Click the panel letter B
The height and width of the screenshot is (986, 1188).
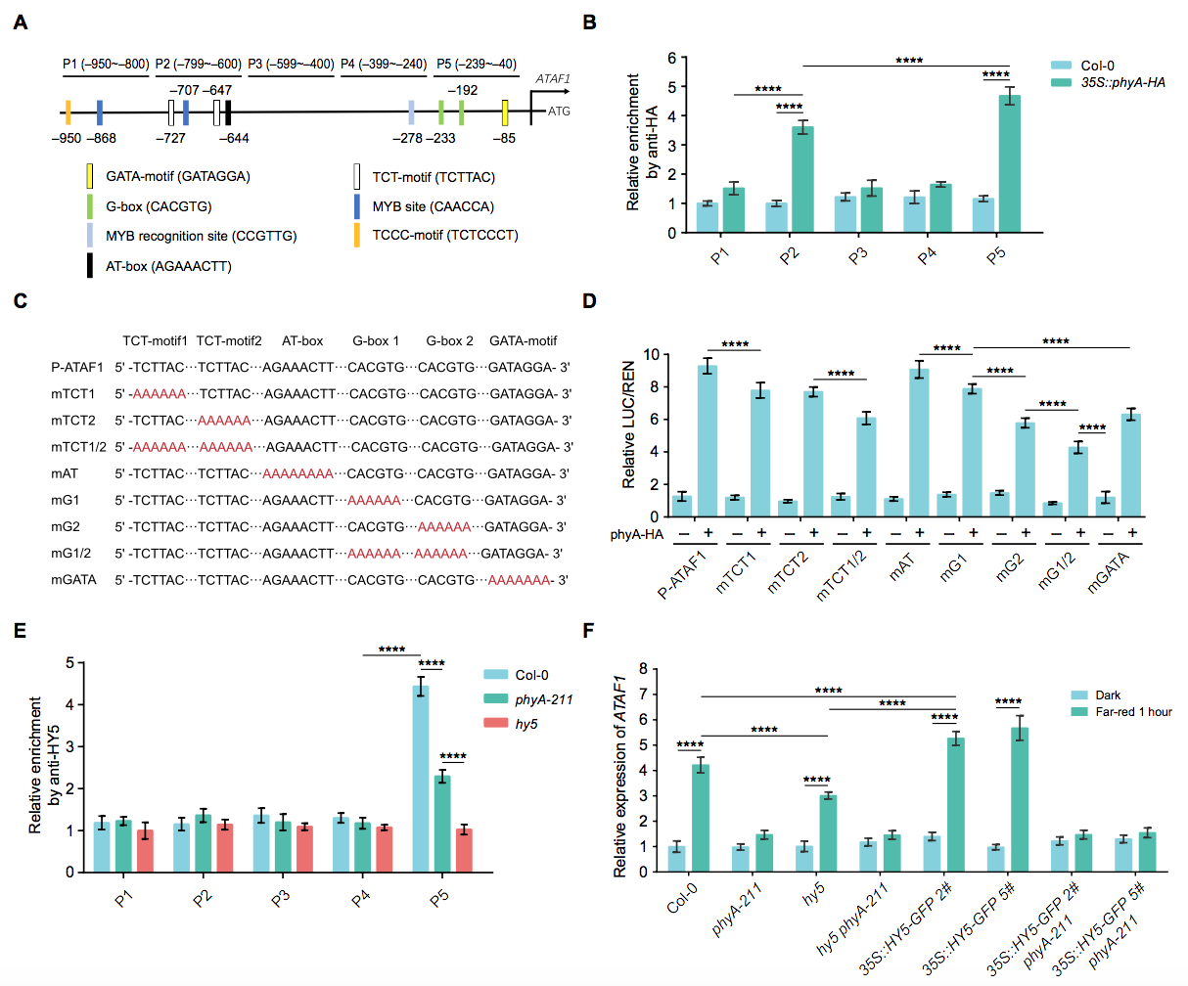(590, 22)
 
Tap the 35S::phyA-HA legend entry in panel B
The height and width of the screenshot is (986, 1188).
(1122, 83)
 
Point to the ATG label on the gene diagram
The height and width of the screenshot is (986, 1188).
(559, 112)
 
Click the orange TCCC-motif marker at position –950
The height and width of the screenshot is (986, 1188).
(68, 112)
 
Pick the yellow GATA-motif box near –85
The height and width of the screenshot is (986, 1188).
(505, 112)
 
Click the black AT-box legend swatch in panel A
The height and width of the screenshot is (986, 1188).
(90, 266)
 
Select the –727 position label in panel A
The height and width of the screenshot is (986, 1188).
(172, 138)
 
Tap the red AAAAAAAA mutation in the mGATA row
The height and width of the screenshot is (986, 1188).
(519, 580)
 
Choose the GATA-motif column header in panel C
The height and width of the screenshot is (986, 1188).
(523, 341)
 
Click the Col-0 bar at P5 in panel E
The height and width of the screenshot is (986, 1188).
(420, 779)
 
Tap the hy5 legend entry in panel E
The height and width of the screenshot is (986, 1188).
(526, 724)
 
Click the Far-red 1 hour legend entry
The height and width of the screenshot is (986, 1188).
(1133, 712)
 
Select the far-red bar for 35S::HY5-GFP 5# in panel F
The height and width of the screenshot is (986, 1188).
(1020, 800)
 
